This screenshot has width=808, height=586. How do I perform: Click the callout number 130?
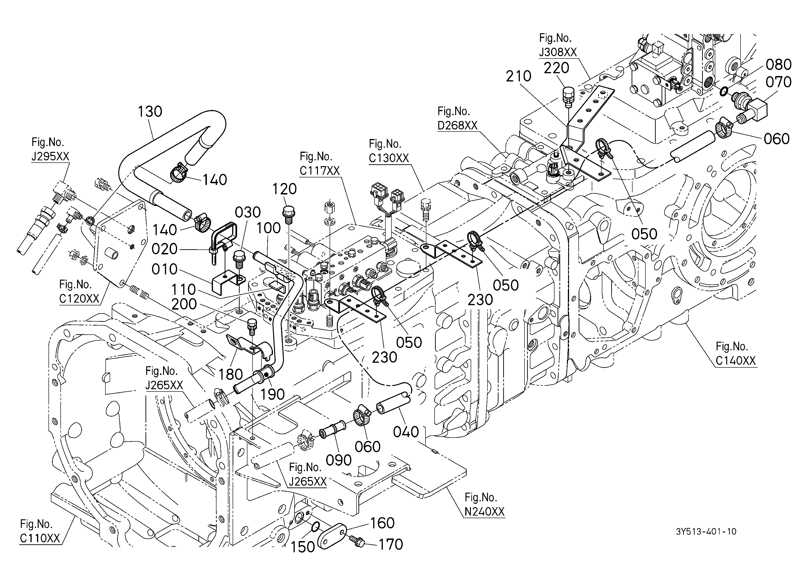pyautogui.click(x=150, y=112)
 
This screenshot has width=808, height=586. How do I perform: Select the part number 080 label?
pyautogui.click(x=778, y=65)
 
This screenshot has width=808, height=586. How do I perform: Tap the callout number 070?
pyautogui.click(x=778, y=82)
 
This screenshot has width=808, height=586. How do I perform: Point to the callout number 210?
pyautogui.click(x=518, y=76)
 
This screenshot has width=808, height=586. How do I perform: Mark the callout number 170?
pyautogui.click(x=391, y=544)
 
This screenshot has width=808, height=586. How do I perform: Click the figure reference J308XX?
pyautogui.click(x=558, y=52)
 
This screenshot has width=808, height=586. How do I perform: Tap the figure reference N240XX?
pyautogui.click(x=484, y=512)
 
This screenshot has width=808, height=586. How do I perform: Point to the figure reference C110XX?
pyautogui.click(x=40, y=538)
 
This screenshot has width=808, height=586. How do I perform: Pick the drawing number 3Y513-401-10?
pyautogui.click(x=706, y=531)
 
